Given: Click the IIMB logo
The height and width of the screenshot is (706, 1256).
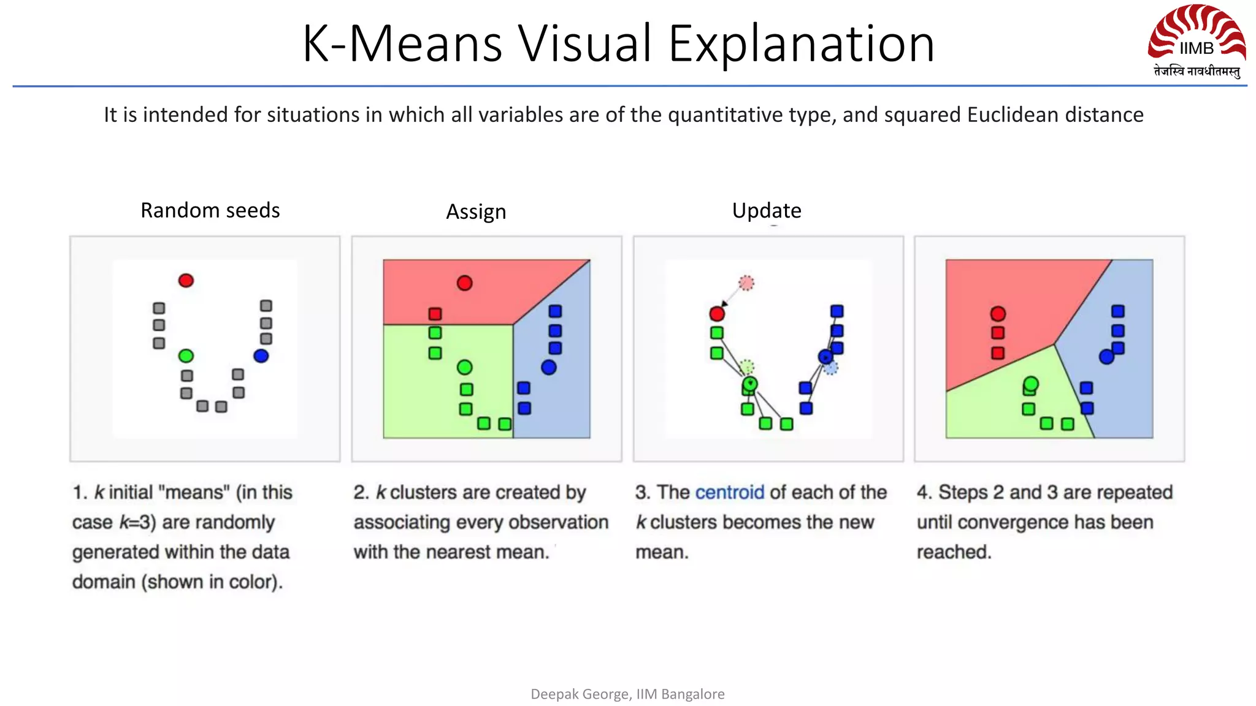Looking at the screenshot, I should (x=1197, y=40).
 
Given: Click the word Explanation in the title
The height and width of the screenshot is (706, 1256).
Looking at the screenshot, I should (x=801, y=44).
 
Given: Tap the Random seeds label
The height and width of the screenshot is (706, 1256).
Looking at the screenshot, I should (x=210, y=210).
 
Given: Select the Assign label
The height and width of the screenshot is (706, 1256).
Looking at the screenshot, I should (x=476, y=211).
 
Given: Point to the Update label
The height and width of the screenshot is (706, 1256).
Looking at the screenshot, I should (x=767, y=210).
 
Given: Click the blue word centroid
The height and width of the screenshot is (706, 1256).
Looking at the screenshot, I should (x=730, y=492).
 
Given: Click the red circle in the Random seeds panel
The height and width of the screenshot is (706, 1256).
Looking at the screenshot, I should (x=186, y=281).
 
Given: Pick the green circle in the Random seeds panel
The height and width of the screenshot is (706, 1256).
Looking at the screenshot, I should (x=186, y=355).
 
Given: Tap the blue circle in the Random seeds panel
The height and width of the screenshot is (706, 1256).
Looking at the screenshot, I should (x=261, y=355).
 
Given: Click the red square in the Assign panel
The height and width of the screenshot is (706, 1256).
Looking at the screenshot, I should (x=435, y=314).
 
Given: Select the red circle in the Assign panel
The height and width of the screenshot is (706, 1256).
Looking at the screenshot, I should (x=465, y=283).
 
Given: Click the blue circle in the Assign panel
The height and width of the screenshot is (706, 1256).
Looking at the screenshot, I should (x=549, y=367).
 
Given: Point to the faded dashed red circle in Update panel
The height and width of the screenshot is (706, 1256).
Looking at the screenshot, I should (x=746, y=283).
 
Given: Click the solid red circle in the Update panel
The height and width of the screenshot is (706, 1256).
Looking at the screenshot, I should (x=717, y=314).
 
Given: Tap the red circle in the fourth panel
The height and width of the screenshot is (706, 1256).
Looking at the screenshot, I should (x=998, y=314).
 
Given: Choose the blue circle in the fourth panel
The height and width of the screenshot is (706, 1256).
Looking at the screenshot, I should (x=1106, y=357).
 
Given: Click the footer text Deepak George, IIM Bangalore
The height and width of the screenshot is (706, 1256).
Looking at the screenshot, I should (x=627, y=694).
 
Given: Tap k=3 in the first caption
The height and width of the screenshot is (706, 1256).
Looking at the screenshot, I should (x=136, y=522).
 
